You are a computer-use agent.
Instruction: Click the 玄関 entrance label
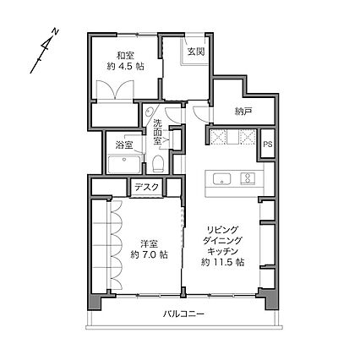point(196,52)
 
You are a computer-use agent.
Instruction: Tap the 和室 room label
point(126,55)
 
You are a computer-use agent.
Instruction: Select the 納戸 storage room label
point(243,112)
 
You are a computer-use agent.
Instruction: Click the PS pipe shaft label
point(268,145)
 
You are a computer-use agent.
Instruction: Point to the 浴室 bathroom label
point(124,145)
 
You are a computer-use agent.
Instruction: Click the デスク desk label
point(146,187)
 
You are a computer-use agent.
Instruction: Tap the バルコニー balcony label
point(183,314)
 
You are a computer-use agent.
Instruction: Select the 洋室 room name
point(150,244)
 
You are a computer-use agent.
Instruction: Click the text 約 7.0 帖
point(150,255)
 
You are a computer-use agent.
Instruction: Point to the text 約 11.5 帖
point(222,262)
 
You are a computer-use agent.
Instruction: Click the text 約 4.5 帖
point(126,67)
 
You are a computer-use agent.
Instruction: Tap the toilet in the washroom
point(158,163)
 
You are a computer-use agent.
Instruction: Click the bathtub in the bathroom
point(124,165)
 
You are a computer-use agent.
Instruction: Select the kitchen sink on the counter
point(222,179)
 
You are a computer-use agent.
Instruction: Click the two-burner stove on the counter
point(248,178)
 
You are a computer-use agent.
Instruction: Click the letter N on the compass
point(56,31)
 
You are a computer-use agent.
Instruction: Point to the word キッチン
point(223,251)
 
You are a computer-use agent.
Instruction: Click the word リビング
point(223,230)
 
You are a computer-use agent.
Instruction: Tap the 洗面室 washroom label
point(158,132)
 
